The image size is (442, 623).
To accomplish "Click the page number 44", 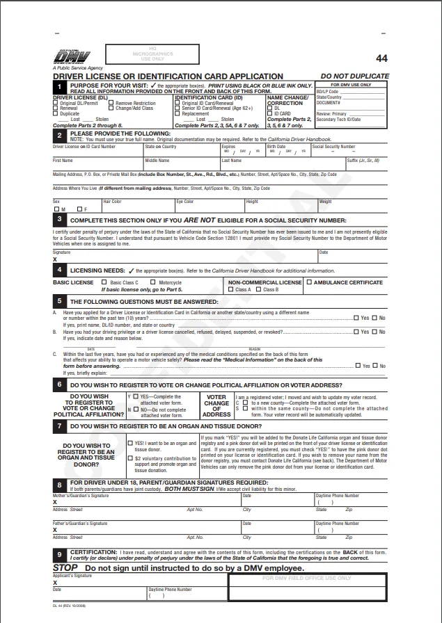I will [x=381, y=58].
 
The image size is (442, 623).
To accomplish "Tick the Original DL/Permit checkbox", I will [x=56, y=104].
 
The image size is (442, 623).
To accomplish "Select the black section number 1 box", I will [x=60, y=87].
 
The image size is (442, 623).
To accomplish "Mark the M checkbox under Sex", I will [x=56, y=209].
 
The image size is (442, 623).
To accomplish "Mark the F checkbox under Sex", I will [x=79, y=209].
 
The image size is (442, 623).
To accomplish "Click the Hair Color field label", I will [x=112, y=202].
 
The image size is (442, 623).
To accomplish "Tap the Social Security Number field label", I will [x=333, y=147].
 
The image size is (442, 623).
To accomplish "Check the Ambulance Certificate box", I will [x=310, y=282].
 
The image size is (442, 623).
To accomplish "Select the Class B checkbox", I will [x=258, y=289].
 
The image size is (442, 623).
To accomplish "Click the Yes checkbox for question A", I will [x=357, y=318].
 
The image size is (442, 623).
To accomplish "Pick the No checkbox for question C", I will [x=374, y=366].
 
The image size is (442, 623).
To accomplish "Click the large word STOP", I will [x=65, y=567].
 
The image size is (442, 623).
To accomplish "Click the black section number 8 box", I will [x=60, y=484].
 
